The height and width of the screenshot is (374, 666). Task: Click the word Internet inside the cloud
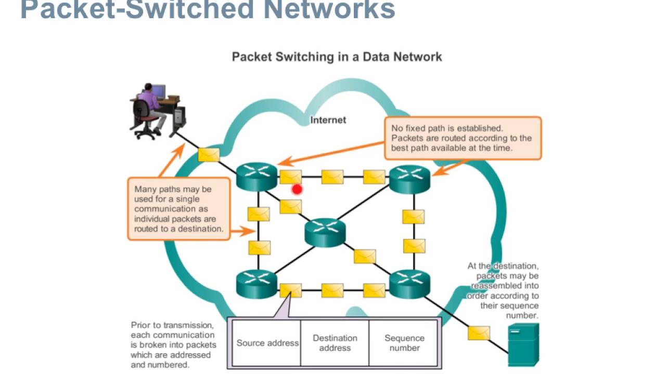click(x=328, y=120)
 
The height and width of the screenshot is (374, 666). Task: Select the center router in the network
click(x=325, y=232)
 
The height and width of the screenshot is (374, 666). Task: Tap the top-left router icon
click(x=257, y=176)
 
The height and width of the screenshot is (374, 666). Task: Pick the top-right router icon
click(x=411, y=179)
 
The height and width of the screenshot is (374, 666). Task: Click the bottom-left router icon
click(x=257, y=284)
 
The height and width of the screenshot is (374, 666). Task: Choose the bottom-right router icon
click(x=411, y=284)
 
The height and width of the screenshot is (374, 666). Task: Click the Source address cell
click(x=267, y=343)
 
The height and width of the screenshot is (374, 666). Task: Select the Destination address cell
click(x=335, y=343)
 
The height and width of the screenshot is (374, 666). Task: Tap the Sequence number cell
click(x=404, y=343)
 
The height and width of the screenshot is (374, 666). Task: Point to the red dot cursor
click(x=297, y=190)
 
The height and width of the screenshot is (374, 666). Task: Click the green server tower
click(x=523, y=344)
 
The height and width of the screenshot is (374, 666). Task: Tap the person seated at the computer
click(x=151, y=106)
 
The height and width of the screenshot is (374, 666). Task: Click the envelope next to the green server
click(x=478, y=332)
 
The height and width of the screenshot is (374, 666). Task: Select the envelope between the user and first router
click(x=209, y=154)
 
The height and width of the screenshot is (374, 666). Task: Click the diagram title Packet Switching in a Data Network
click(x=337, y=57)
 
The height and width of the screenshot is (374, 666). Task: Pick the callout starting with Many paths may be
click(x=178, y=209)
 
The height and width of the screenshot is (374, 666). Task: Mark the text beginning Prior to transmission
click(x=173, y=345)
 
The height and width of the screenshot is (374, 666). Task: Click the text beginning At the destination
click(x=503, y=290)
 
